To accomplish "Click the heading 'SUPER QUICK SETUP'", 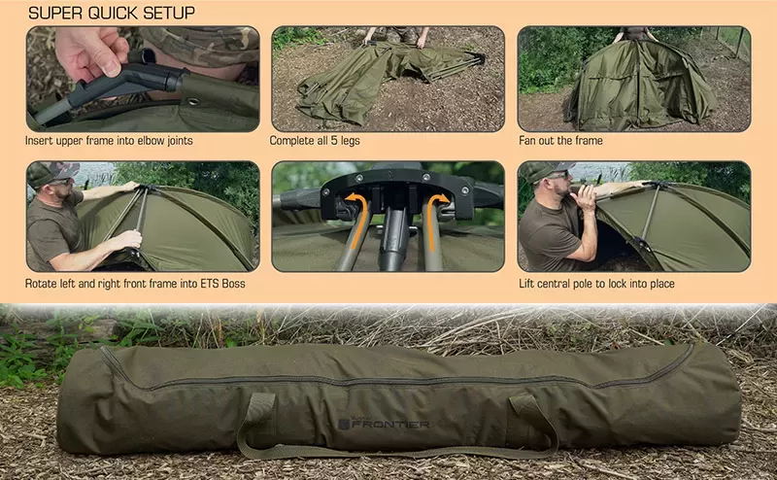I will click(112, 13).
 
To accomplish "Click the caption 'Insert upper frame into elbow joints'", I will click(109, 140).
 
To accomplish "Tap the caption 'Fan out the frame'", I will click(560, 140).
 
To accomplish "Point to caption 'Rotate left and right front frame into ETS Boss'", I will click(136, 284).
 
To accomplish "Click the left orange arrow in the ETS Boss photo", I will click(357, 216).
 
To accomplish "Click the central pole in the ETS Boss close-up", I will click(393, 238).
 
